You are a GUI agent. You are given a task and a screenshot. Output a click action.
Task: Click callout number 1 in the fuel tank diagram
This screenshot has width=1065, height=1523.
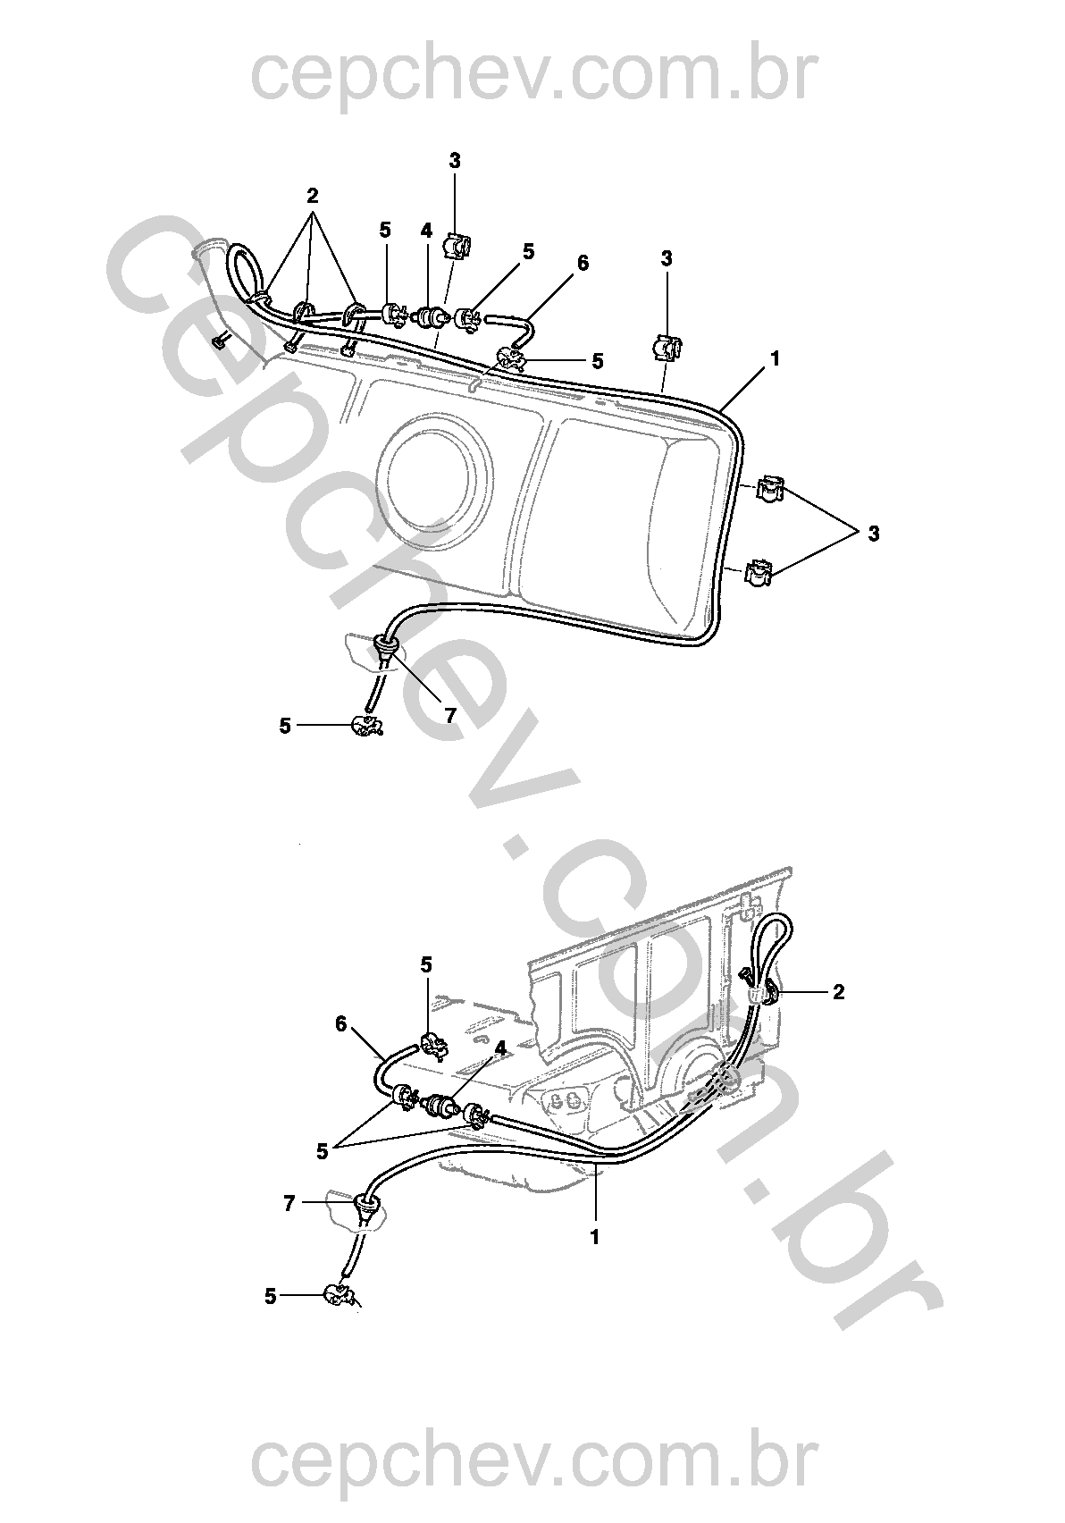tap(775, 358)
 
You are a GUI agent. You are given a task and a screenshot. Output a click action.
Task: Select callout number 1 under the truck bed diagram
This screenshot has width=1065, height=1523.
tap(595, 1237)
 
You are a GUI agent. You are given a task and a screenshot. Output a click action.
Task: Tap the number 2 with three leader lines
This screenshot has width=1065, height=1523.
tap(312, 197)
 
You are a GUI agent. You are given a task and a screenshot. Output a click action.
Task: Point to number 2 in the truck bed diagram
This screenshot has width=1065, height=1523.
tap(839, 992)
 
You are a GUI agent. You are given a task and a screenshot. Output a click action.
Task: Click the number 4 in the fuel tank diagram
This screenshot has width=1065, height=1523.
tap(426, 231)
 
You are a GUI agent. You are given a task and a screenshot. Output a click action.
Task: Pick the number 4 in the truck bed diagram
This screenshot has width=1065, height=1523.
tap(500, 1048)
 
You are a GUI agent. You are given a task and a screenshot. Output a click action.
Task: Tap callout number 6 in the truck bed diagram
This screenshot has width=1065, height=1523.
tap(341, 1023)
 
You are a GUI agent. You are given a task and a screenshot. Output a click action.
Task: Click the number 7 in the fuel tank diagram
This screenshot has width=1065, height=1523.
tap(449, 715)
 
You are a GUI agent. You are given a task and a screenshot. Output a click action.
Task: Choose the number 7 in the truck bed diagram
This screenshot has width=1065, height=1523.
tap(289, 1204)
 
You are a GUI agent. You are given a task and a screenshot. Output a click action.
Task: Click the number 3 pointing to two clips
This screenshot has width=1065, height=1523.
tap(873, 534)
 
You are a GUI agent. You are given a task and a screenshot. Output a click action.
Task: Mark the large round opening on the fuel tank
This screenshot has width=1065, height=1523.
tap(433, 472)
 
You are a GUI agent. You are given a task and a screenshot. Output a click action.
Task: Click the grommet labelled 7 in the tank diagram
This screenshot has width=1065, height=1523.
tap(386, 646)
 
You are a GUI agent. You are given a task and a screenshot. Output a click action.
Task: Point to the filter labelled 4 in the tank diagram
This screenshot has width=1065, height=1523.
tap(431, 317)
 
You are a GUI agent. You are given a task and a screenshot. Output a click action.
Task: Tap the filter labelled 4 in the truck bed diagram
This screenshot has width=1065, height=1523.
tap(438, 1106)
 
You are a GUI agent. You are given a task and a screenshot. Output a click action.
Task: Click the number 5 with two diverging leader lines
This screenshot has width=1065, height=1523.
tap(323, 1151)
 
